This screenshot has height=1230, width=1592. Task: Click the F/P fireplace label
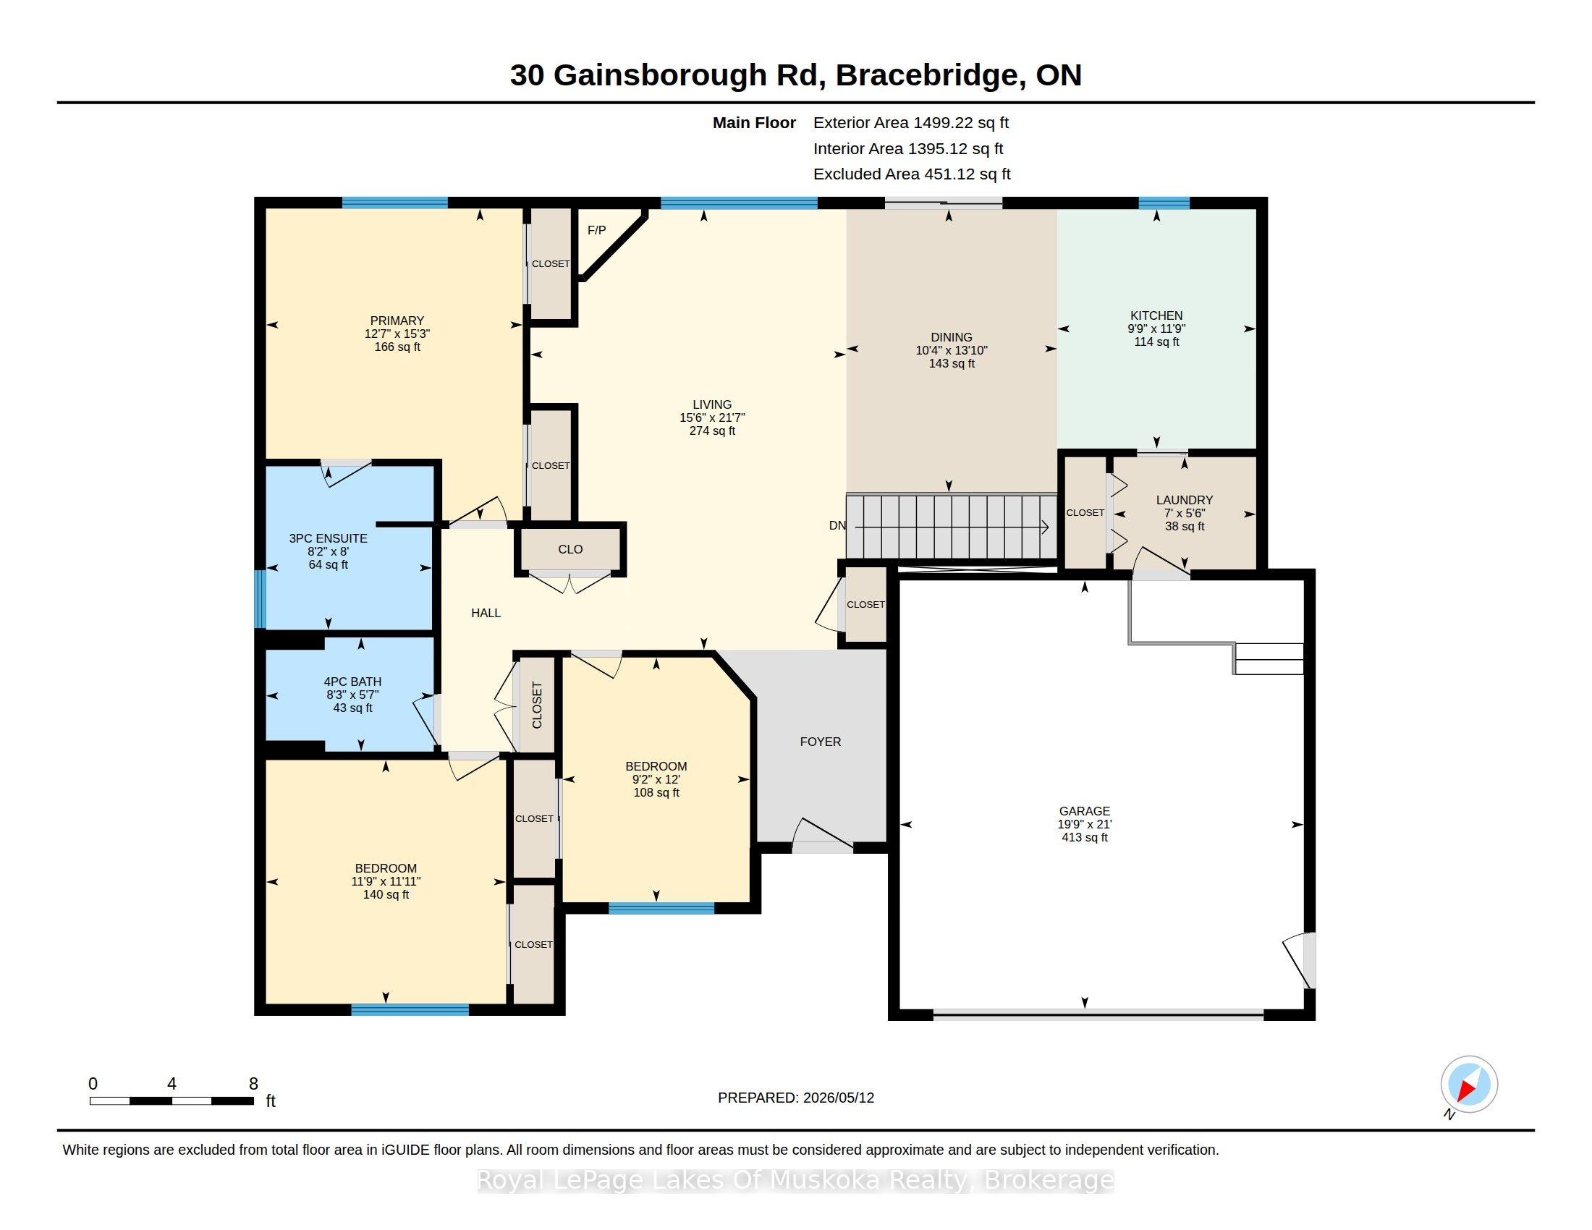tap(596, 230)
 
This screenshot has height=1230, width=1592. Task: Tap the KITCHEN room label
tap(1156, 315)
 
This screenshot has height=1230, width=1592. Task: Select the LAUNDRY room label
tap(1185, 500)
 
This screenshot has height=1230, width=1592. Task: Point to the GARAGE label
tap(1085, 811)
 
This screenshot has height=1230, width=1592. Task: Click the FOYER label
tap(821, 742)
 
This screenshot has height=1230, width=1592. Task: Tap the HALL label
tap(486, 613)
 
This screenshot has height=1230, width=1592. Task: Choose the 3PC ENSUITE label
tap(328, 538)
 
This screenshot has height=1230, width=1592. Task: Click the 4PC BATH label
tap(353, 682)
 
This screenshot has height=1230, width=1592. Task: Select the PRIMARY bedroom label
tap(397, 321)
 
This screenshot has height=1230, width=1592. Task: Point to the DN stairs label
tap(837, 525)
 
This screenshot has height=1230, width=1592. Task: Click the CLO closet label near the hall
tap(570, 549)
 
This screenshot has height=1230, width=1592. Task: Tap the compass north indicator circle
tap(1469, 1085)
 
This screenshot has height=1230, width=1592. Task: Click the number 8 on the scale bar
tap(254, 1084)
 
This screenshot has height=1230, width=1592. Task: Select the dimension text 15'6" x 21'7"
tap(712, 417)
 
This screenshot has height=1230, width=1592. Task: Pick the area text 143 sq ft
tap(952, 364)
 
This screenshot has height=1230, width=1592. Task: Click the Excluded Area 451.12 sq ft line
tap(912, 174)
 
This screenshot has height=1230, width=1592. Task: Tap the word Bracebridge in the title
tap(926, 75)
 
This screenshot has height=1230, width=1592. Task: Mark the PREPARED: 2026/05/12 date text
tap(796, 1098)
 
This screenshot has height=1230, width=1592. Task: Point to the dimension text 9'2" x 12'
tap(656, 779)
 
